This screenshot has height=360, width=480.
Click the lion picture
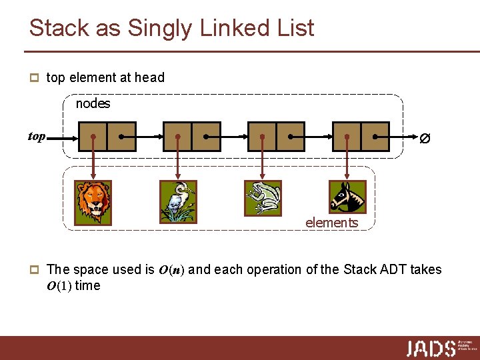[93, 201]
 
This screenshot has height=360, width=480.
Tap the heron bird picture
[179, 201]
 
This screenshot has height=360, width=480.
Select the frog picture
[263, 198]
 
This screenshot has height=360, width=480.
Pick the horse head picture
[348, 197]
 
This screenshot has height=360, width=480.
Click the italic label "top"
[37, 137]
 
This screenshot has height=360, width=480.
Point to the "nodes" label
[93, 104]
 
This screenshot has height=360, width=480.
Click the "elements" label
[331, 223]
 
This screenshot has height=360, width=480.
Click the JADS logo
[431, 348]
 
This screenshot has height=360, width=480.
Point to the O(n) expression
[172, 270]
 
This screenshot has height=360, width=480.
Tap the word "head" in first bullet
[149, 77]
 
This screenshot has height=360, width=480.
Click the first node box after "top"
[107, 137]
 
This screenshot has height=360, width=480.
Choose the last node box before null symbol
[361, 137]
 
